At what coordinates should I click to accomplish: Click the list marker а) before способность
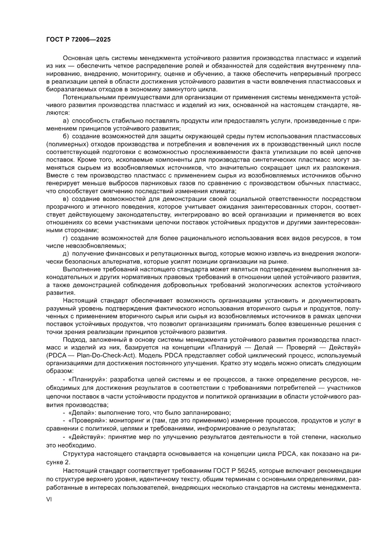(65, 121)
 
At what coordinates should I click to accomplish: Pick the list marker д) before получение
(65, 254)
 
